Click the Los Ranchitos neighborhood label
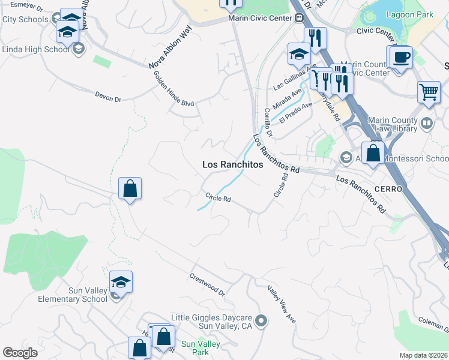pos(232,164)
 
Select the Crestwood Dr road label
pos(206,285)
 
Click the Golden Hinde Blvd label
pos(173,89)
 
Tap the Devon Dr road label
pos(108,96)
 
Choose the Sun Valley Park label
pos(200,348)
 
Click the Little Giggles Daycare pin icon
pos(261,322)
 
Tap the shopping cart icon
pos(429,92)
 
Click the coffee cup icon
pos(401,58)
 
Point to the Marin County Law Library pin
pos(427,124)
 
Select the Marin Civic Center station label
pos(260,18)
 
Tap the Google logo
pos(20,353)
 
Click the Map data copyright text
pos(423,355)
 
